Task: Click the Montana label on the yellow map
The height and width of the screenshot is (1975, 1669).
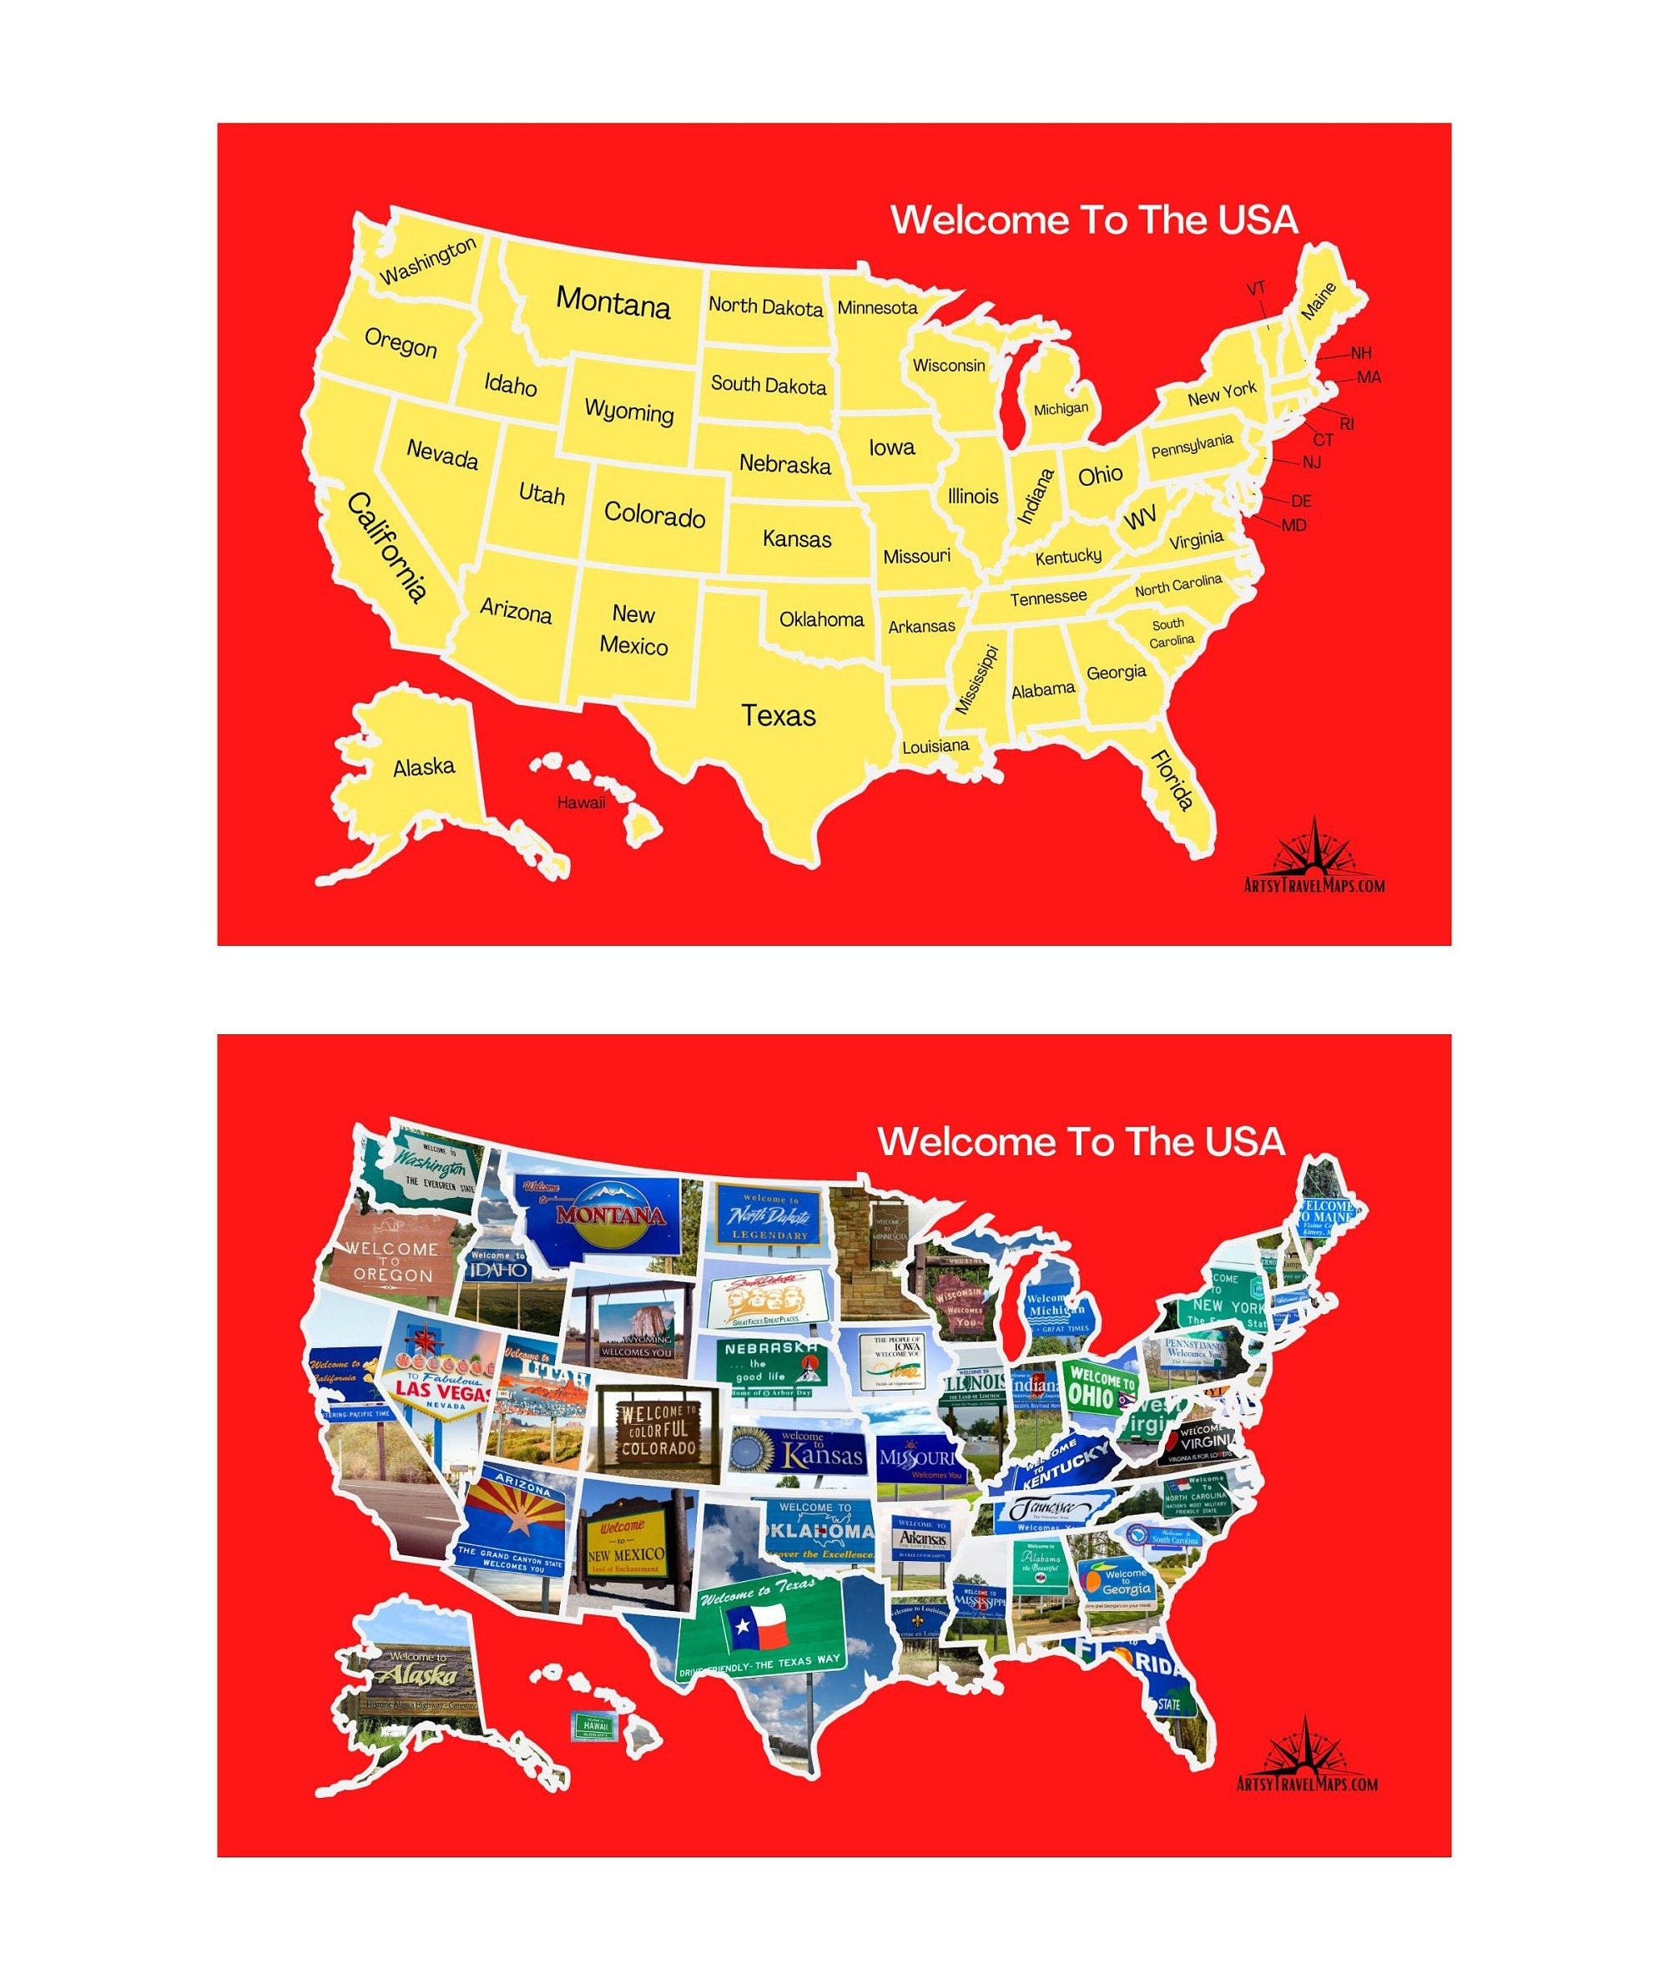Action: [613, 302]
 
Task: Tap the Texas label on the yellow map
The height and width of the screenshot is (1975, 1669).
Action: [778, 715]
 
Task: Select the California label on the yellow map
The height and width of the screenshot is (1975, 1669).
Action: [387, 547]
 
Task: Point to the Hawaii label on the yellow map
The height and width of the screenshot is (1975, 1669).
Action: [581, 802]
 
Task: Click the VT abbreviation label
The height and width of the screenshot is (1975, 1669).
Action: [1256, 289]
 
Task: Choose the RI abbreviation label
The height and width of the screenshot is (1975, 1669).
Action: [1346, 424]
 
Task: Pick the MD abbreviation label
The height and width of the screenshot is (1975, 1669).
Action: [1293, 525]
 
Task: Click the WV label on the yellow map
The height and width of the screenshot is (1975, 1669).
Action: [1140, 518]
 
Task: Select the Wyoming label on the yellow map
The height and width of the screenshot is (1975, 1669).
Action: [629, 411]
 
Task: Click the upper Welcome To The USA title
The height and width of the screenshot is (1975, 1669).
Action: [1094, 220]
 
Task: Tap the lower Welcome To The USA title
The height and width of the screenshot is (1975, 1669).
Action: [1081, 1141]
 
